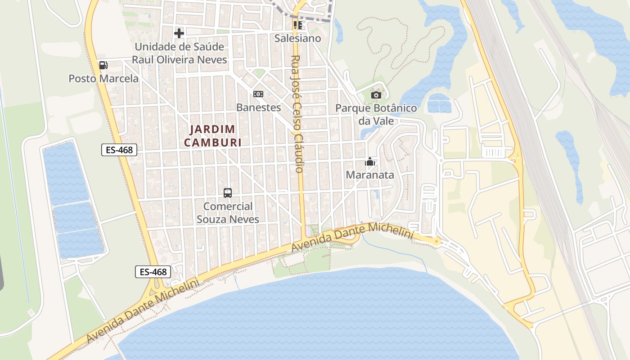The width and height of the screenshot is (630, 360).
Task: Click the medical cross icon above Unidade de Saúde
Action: (x=179, y=33)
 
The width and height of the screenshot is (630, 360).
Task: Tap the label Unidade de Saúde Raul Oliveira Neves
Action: (x=179, y=53)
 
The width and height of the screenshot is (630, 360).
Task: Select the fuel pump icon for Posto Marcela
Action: (x=103, y=65)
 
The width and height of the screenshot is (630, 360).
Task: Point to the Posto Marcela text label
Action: (x=103, y=79)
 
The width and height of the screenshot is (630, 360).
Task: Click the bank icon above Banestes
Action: (x=258, y=94)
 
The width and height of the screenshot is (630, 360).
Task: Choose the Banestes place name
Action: (x=258, y=108)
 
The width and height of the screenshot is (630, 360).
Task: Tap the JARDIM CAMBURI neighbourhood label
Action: (x=212, y=136)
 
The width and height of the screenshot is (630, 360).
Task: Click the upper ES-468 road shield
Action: (x=119, y=150)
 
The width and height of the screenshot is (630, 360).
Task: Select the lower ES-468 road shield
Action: (x=153, y=272)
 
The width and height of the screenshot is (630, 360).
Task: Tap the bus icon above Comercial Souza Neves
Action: (x=228, y=193)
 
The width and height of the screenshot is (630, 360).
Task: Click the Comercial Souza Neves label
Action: (x=228, y=213)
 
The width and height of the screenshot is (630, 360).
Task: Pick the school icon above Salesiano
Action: (x=297, y=25)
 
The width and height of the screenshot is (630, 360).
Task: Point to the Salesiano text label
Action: (x=298, y=38)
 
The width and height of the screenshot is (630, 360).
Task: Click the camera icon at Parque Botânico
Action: (x=376, y=95)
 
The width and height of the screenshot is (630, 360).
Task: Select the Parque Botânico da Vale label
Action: (x=376, y=115)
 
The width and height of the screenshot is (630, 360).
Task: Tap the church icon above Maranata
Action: (x=370, y=162)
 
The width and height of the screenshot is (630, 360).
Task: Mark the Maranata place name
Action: (x=370, y=175)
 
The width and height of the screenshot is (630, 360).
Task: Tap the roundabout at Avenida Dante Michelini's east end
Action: (x=436, y=241)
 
